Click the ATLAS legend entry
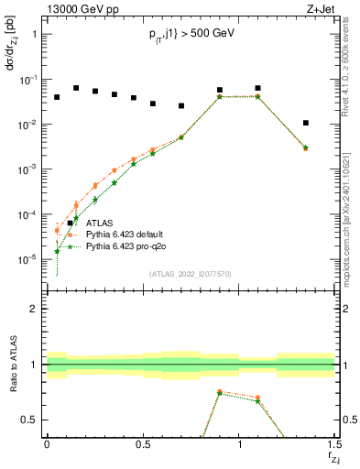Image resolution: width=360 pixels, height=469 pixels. (101, 223)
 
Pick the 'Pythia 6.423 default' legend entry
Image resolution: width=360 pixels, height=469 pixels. (129, 234)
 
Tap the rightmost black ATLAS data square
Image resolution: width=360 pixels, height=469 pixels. (306, 123)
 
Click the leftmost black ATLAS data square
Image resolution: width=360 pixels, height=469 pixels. (57, 97)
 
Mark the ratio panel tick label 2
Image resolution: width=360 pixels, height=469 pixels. (34, 310)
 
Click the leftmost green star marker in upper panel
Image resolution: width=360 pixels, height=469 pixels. (57, 251)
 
